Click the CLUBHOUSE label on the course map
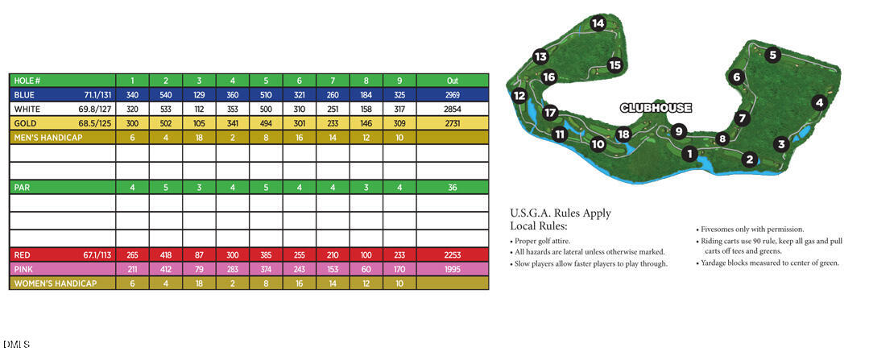pos(656,108)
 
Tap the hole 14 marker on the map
pos(597,23)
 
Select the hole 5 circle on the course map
pos(772,56)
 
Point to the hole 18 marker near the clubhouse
pos(623,134)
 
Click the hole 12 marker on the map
pos(519,96)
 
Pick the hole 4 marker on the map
pos(819,102)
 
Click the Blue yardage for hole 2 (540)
pos(165,94)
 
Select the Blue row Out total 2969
pos(452,94)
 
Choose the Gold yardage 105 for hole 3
pos(199,123)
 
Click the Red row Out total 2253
pos(452,254)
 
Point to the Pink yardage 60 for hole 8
pos(366,268)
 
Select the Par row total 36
pos(452,187)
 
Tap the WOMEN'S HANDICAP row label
pos(53,283)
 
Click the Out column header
pos(452,81)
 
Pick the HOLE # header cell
pos(27,81)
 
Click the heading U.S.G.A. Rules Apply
pos(561,213)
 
